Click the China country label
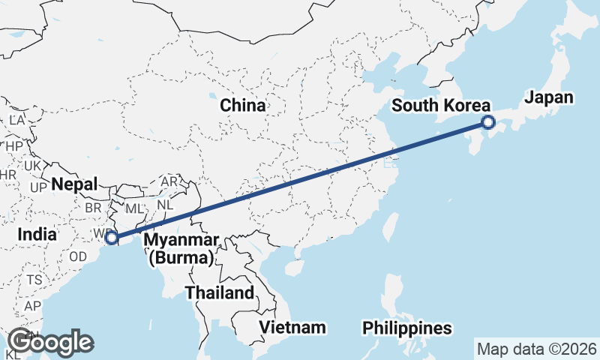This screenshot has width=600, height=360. tap(242, 106)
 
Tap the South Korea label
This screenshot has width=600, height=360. tap(441, 106)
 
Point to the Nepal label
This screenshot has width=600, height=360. tap(75, 184)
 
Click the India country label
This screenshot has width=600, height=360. tap(37, 234)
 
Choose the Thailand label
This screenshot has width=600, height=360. tap(220, 292)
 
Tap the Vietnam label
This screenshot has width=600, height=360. tap(292, 327)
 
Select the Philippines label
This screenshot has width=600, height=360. tap(407, 328)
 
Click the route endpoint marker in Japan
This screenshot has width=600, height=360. tap(487, 122)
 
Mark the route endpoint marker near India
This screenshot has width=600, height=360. tap(111, 238)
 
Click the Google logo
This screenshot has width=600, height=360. tap(50, 342)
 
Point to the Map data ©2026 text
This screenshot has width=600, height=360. tap(536, 349)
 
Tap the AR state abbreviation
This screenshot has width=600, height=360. tap(169, 182)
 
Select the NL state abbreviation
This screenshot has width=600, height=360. tap(166, 203)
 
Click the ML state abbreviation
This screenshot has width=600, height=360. tap(133, 208)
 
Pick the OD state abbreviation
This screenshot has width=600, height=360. tap(78, 256)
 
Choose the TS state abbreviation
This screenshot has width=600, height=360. tap(34, 280)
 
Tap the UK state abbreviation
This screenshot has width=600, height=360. tap(33, 166)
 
